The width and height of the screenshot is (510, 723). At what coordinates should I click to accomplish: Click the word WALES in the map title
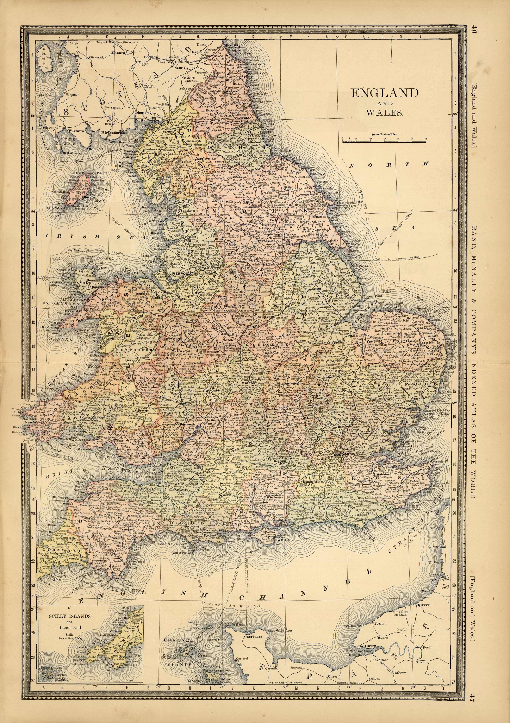tap(385, 113)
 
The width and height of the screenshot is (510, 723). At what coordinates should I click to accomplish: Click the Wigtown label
tap(76, 131)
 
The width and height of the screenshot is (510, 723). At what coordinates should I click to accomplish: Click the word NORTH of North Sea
tap(390, 164)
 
